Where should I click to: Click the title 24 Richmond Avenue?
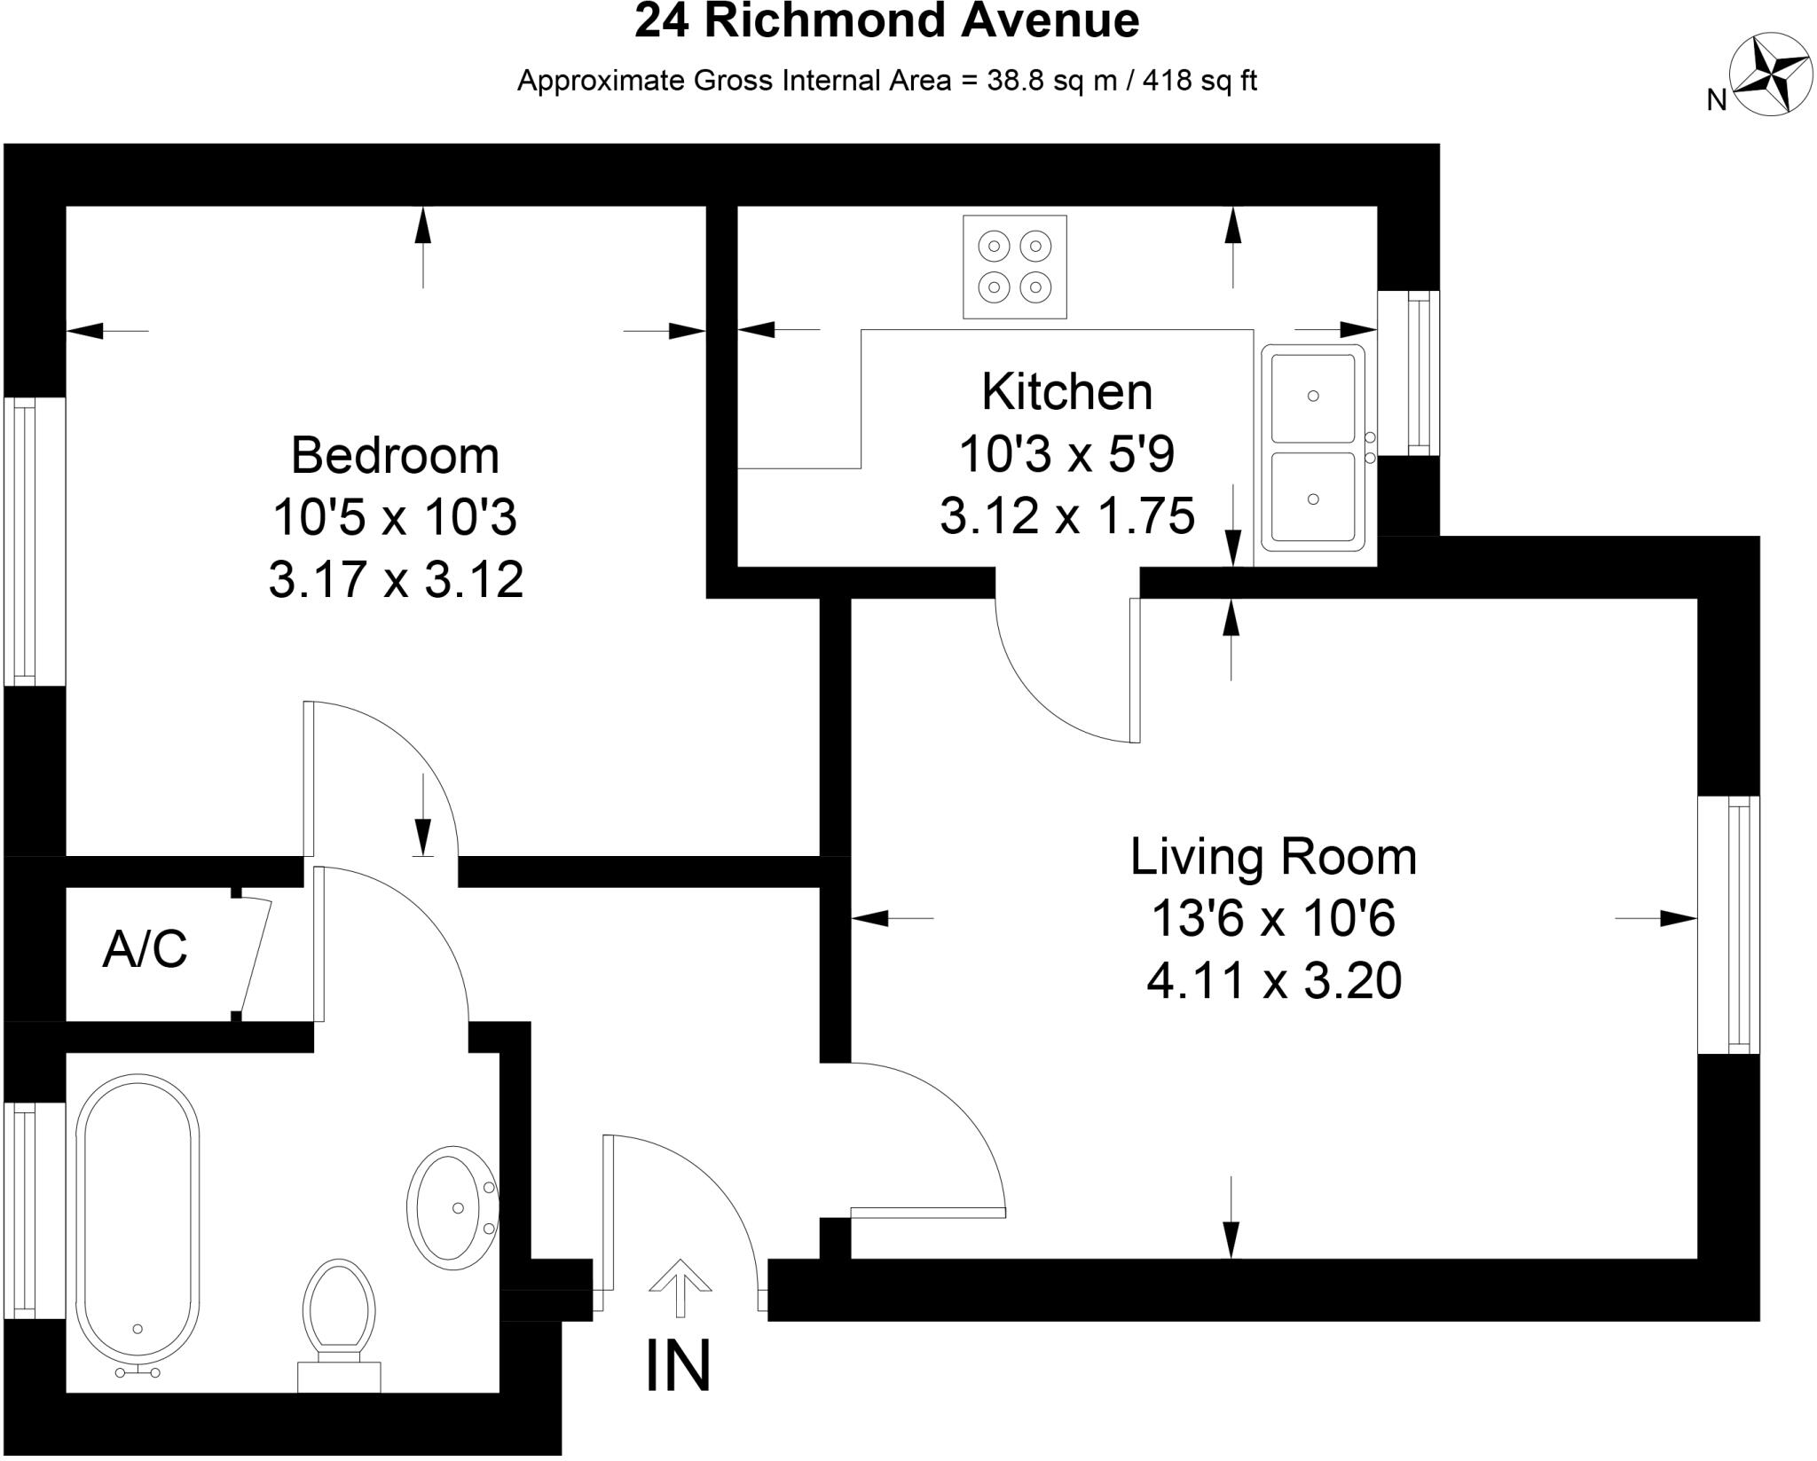click(886, 21)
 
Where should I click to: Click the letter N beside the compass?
click(1717, 101)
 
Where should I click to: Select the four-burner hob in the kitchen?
click(1015, 266)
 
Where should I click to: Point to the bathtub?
click(138, 1224)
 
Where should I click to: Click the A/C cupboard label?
click(145, 949)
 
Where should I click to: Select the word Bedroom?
click(395, 455)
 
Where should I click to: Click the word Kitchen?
click(1066, 391)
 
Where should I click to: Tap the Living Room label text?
click(1273, 857)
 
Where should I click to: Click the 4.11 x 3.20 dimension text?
click(1273, 981)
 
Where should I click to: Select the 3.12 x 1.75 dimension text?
click(1066, 515)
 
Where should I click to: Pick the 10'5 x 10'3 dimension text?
click(395, 517)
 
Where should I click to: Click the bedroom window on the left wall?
click(21, 541)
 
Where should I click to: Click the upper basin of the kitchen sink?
click(1313, 397)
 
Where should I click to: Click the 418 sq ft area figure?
click(1200, 81)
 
